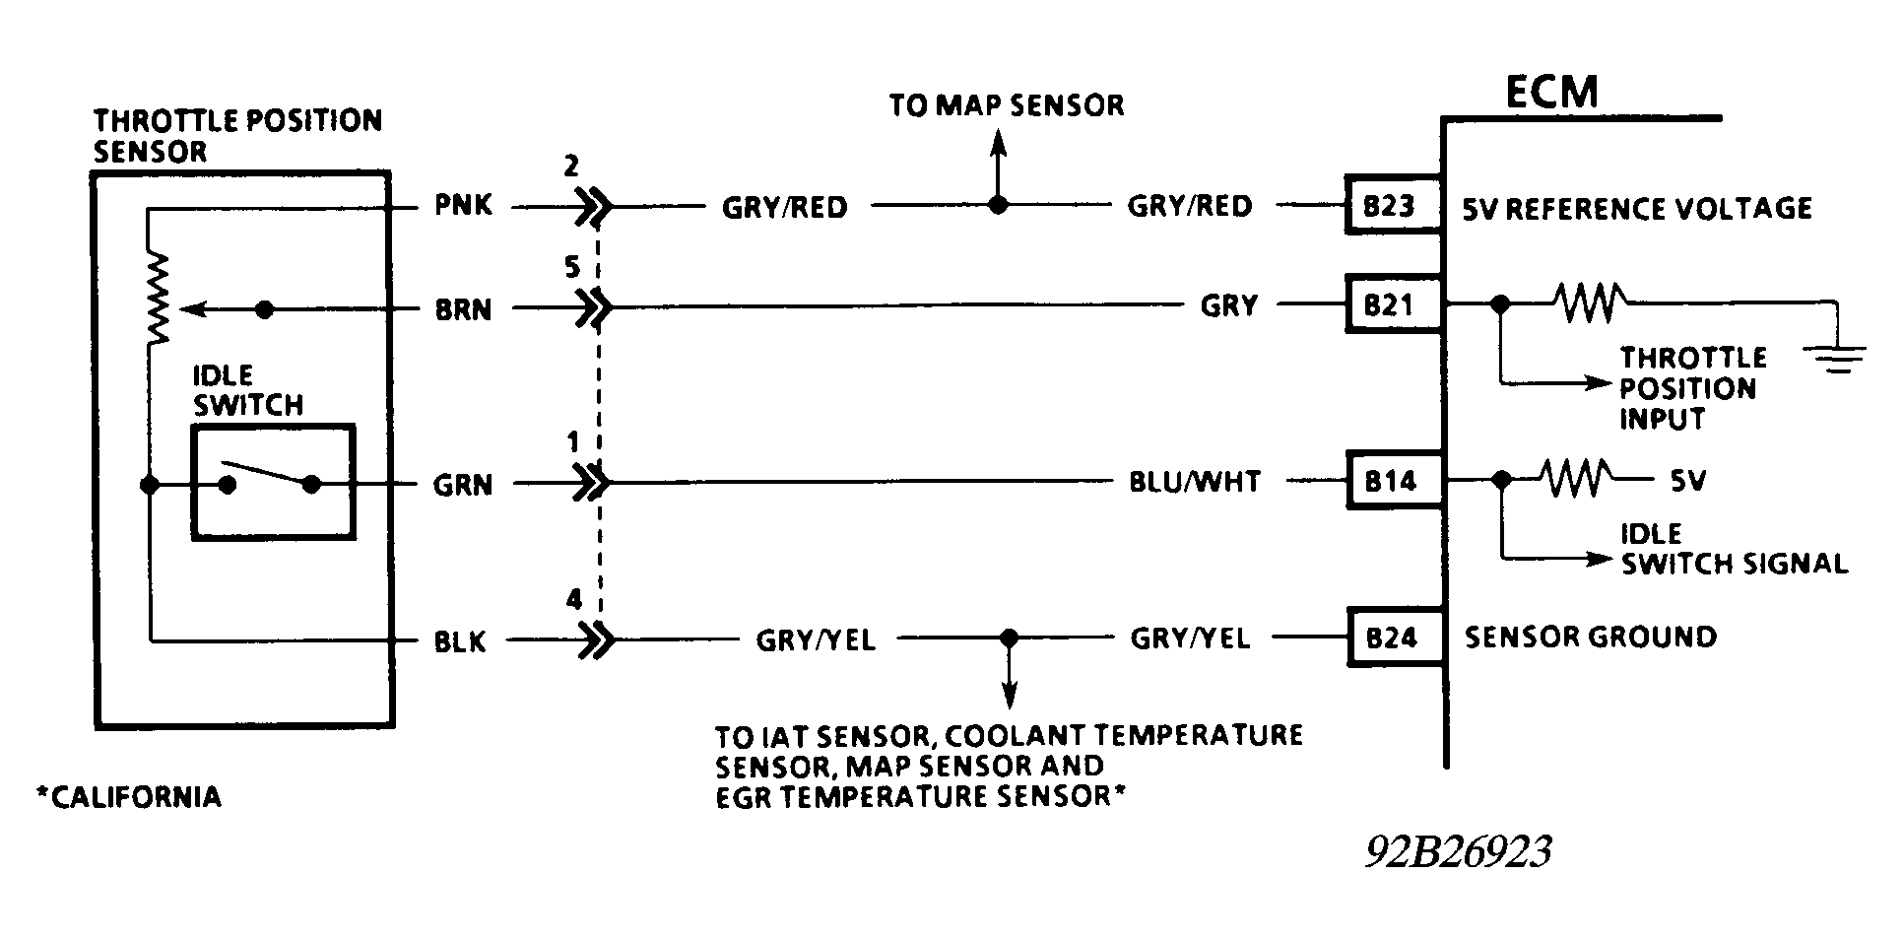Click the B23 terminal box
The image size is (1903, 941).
(x=1392, y=206)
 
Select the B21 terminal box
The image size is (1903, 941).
(x=1392, y=305)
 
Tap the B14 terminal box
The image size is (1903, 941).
(x=1392, y=481)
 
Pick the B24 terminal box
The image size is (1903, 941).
(x=1392, y=639)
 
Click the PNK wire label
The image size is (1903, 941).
(x=463, y=207)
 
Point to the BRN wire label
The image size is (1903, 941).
(x=463, y=309)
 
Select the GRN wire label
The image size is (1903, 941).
(x=463, y=485)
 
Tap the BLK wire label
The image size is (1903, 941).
(x=461, y=642)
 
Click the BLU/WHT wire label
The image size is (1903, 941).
(x=1194, y=482)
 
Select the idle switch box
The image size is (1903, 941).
(x=273, y=482)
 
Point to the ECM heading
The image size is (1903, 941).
(x=1551, y=93)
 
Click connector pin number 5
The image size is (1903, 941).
(x=573, y=268)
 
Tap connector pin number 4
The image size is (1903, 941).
(x=573, y=599)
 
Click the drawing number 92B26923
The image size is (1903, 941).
(x=1458, y=852)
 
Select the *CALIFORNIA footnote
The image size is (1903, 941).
(x=128, y=796)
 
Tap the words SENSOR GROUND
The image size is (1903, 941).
(x=1590, y=638)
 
